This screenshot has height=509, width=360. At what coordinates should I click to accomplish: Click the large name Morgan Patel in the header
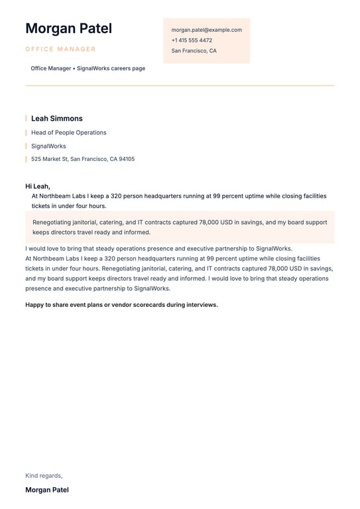[68, 28]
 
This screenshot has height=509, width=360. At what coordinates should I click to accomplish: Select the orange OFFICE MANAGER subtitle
[60, 49]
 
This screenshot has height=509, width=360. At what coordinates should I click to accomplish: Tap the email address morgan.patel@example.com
[206, 30]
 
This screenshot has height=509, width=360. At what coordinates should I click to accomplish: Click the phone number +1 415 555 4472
[192, 40]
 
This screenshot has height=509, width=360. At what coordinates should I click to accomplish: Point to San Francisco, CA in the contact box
[194, 51]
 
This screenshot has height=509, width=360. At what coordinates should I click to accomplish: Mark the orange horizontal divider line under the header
[180, 85]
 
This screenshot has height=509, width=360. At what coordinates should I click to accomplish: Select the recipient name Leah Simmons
[57, 119]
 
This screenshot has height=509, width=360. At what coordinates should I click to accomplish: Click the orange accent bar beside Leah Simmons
[27, 119]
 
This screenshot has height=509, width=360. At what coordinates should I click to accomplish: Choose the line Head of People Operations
[68, 133]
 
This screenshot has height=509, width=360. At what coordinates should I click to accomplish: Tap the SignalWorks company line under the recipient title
[48, 146]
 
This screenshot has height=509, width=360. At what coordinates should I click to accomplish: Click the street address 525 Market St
[50, 159]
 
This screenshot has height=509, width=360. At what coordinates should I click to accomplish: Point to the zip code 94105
[127, 159]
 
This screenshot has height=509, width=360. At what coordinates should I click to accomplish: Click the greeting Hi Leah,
[38, 186]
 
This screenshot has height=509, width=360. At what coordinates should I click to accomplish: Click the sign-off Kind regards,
[44, 476]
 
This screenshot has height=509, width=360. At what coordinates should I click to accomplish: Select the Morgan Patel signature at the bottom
[47, 490]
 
